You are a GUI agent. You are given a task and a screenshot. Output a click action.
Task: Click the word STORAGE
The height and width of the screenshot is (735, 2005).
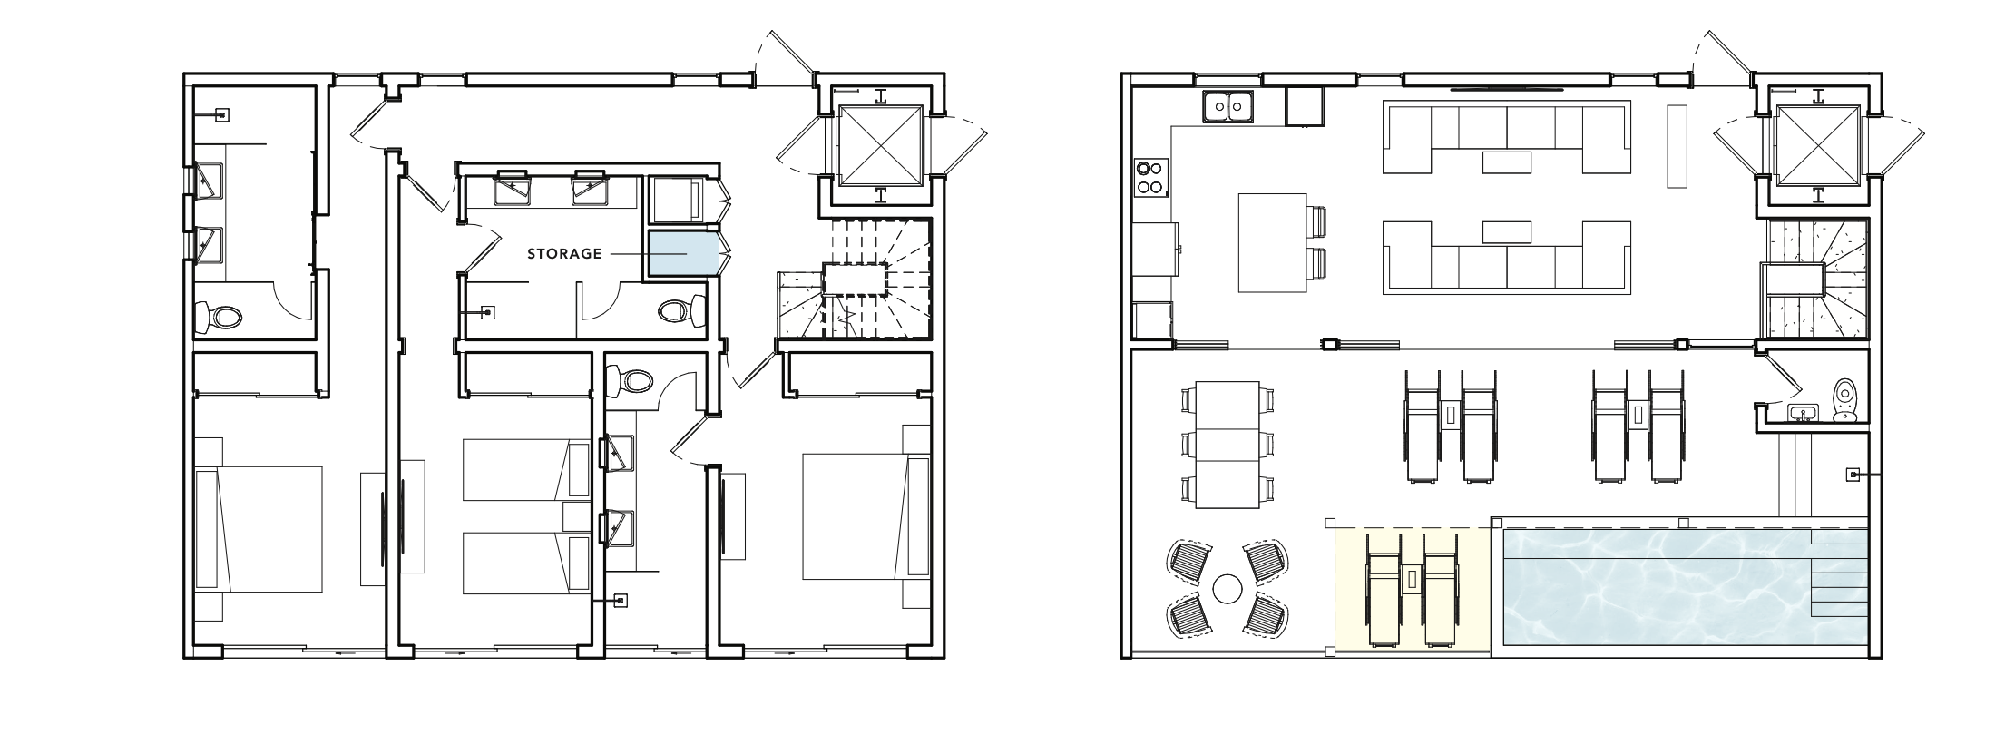564,254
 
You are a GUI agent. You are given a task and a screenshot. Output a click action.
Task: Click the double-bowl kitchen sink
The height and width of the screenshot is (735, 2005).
1228,107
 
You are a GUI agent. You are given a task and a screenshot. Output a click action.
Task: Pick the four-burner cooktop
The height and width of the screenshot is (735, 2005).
1150,177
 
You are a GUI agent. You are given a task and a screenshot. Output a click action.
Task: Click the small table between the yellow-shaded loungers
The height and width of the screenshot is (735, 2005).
1412,577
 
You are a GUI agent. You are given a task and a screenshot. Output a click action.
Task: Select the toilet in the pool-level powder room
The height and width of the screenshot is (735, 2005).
1844,401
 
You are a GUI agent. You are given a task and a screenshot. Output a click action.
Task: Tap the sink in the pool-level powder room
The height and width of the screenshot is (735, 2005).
1802,414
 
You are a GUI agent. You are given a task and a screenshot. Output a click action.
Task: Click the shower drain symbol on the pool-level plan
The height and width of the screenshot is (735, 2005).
1853,474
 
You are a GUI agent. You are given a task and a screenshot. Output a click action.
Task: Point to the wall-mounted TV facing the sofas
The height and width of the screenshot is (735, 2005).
1507,90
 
